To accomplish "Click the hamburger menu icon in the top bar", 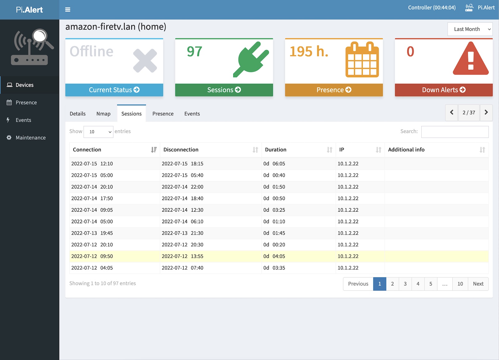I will click(x=68, y=10).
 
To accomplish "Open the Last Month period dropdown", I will click(x=470, y=29).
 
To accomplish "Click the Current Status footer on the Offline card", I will click(x=114, y=90).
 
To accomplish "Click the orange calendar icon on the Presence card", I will click(x=362, y=60).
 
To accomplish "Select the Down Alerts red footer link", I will click(x=443, y=90).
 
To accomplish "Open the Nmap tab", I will click(x=103, y=114).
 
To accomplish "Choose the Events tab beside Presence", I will click(x=192, y=114).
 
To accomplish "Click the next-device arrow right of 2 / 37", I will click(x=486, y=113).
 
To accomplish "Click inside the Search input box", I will click(x=455, y=132).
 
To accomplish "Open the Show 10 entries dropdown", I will click(x=99, y=132).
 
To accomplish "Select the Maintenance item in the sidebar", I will click(x=30, y=138).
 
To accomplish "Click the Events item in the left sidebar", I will click(x=23, y=120).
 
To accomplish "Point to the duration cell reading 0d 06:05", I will click(x=274, y=164).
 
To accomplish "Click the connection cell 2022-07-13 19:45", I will click(x=92, y=233).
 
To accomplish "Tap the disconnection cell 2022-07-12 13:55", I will click(x=182, y=256).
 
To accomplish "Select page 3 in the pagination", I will click(x=405, y=284).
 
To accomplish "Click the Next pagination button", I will click(x=478, y=284).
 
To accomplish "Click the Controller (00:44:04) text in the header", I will click(x=432, y=8).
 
